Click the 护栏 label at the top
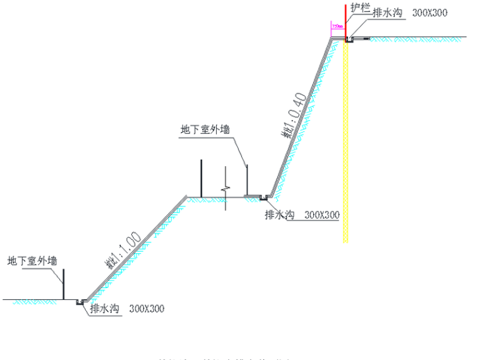tap(359, 8)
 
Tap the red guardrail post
tap(345, 22)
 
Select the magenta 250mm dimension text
tap(337, 27)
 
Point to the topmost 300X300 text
tap(431, 13)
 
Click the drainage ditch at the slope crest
tap(349, 40)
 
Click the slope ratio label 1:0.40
tap(294, 116)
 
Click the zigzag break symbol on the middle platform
tap(224, 188)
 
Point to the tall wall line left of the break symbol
tap(201, 179)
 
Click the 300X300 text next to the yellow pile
tap(321, 215)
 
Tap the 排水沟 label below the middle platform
tap(280, 215)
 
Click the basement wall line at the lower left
tap(63, 284)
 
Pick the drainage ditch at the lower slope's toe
tap(80, 302)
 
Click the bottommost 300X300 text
tap(146, 309)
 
